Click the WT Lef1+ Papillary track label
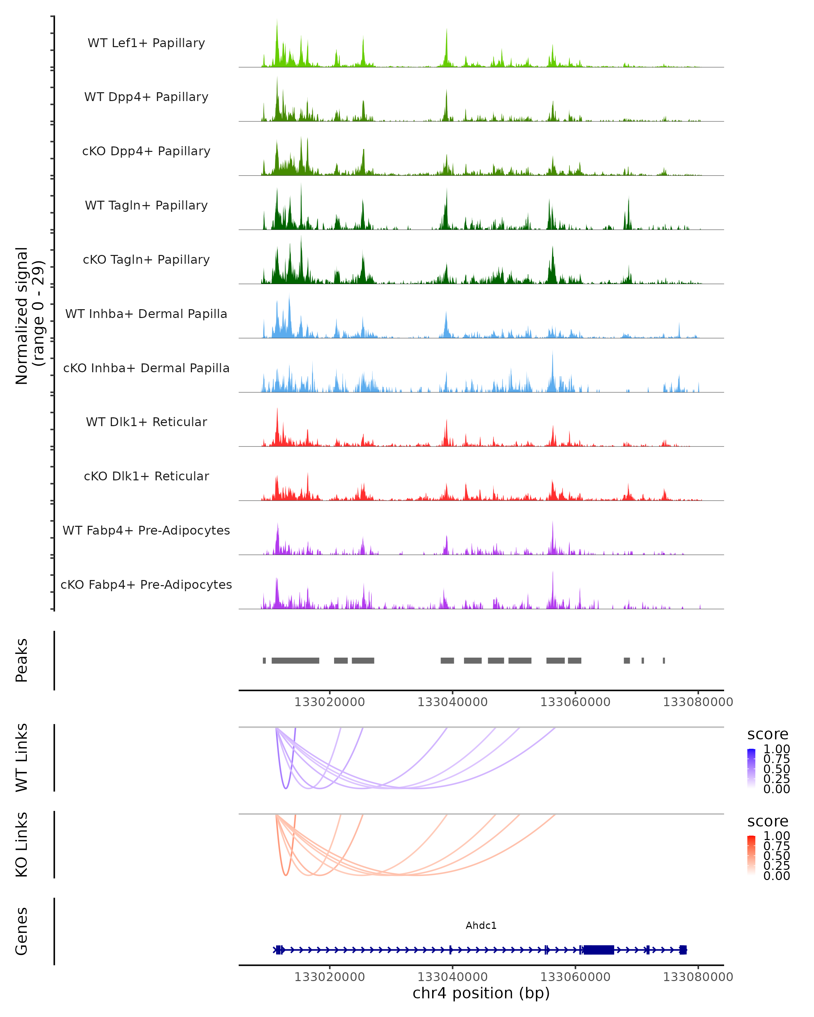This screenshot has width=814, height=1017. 146,43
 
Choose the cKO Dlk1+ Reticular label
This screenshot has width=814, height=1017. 146,476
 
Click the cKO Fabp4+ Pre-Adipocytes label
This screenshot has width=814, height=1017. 146,584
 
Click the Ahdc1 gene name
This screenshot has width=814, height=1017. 481,925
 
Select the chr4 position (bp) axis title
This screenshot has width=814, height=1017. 481,993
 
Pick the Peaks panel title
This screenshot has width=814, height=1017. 22,660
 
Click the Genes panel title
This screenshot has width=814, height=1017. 22,931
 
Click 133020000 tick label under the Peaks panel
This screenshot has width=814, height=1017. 329,702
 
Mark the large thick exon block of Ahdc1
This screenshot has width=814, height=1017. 598,950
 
